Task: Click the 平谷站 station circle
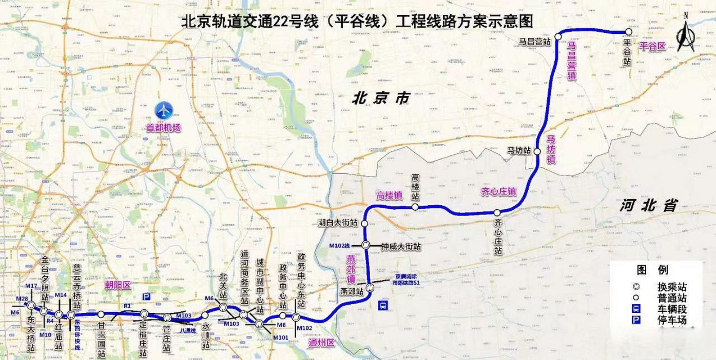628,31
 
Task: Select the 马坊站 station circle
537,152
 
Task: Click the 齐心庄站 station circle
497,212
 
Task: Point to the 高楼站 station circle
415,207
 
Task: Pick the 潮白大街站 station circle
364,223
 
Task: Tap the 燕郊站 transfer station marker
370,288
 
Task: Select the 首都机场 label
163,128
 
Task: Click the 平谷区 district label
653,46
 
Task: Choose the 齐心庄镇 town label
498,192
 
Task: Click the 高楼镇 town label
390,196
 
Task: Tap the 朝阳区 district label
118,285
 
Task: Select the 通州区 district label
322,343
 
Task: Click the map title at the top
357,22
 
